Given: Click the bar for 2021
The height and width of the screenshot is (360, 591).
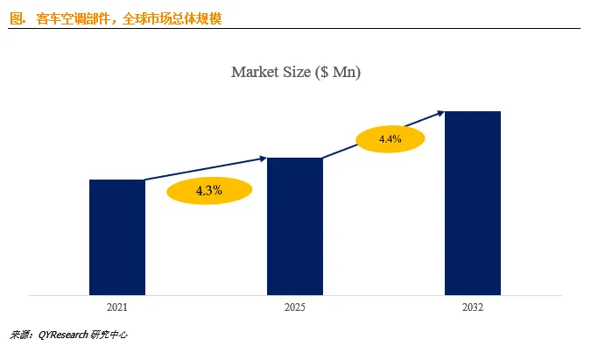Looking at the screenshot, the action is pos(117,237).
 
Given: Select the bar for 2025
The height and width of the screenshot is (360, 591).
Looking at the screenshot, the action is pos(295,226).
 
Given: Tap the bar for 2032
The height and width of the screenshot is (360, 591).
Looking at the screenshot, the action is pos(473,203).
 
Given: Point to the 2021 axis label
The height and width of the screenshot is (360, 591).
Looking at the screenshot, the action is pos(117,307).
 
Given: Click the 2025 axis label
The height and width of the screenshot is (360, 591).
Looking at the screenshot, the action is pos(295,307).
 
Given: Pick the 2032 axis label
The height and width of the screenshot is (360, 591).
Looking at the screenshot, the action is pos(473,307).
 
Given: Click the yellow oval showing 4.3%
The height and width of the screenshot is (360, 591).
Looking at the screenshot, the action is pos(209,190).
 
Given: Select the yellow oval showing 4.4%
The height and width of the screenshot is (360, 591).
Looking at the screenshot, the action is pos(390,138).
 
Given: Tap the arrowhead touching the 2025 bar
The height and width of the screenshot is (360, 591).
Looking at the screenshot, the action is pos(263,159).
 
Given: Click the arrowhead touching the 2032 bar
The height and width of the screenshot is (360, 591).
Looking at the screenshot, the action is pos(440,113).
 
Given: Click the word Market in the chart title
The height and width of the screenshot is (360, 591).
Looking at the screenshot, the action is pos(253,72).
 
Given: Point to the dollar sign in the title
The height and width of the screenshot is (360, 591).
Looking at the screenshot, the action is pos(324,72).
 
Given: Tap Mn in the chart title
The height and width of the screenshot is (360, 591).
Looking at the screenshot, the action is pos(344,72).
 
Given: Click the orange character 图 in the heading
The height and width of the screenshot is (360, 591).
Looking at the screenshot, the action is pos(16,18).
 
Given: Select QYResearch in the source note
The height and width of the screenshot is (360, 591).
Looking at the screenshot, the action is pos(63,335).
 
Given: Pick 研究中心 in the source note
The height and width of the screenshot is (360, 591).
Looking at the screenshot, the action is pos(109,335).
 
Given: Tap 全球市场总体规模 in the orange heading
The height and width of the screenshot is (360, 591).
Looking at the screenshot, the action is pos(172,18).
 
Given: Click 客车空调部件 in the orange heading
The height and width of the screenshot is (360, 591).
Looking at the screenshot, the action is pos(74,18).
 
